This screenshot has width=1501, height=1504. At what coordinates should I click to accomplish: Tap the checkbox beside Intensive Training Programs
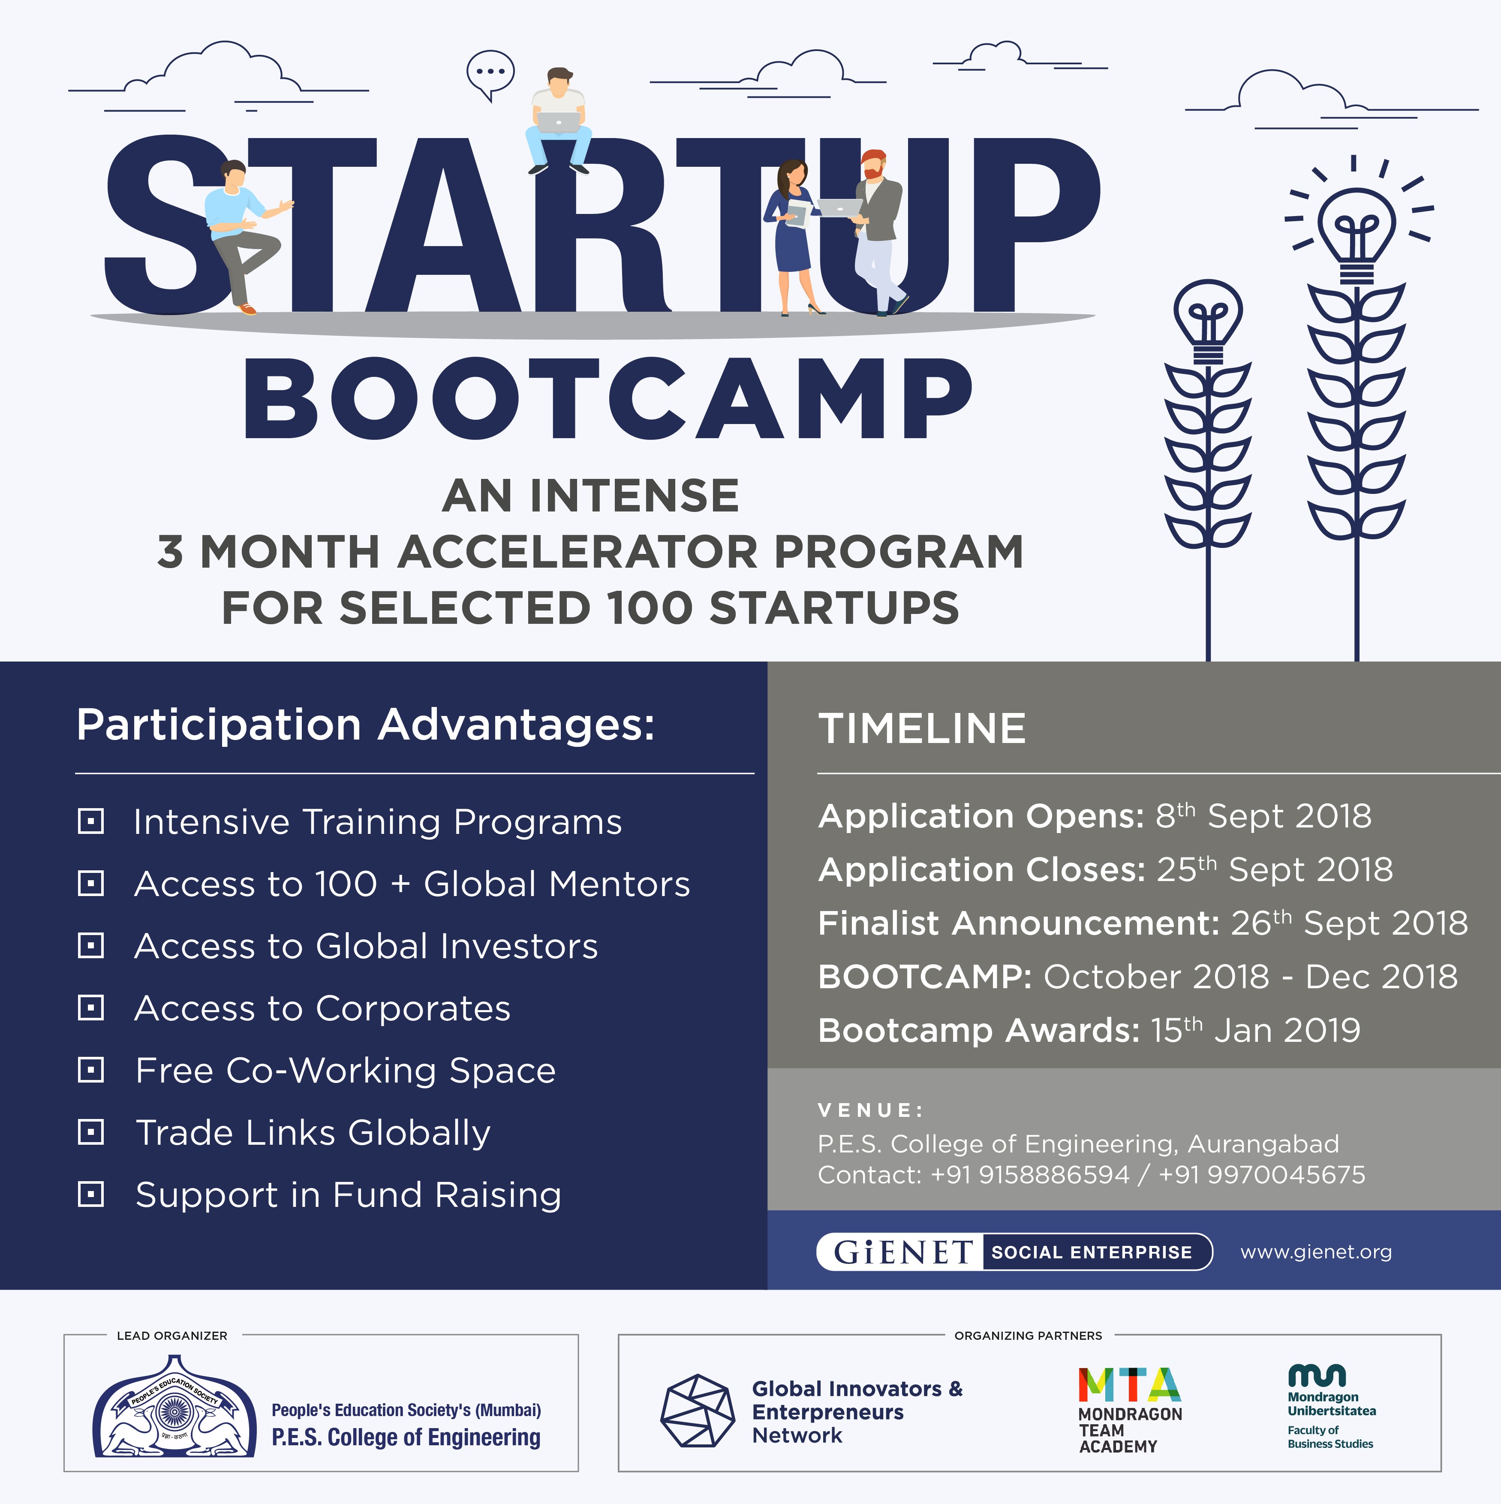pyautogui.click(x=91, y=821)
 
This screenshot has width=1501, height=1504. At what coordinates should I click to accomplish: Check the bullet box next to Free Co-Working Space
pyautogui.click(x=91, y=1070)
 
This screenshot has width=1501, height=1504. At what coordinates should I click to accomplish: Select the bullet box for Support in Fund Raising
pyautogui.click(x=91, y=1194)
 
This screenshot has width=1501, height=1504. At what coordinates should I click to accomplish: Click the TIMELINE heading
pyautogui.click(x=922, y=729)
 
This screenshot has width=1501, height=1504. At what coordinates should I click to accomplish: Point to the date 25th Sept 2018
pyautogui.click(x=1275, y=869)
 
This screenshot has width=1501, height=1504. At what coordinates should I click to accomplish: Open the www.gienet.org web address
pyautogui.click(x=1316, y=1252)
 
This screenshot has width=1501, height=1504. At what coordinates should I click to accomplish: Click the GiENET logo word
pyautogui.click(x=903, y=1252)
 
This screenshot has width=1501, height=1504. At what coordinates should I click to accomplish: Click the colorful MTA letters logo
pyautogui.click(x=1130, y=1385)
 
